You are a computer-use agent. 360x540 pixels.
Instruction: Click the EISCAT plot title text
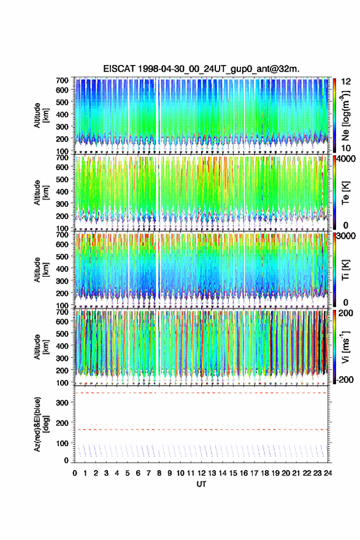coord(201,69)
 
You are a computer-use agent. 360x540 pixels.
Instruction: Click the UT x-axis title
coord(201,484)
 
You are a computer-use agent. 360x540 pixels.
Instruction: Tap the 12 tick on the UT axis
coord(201,473)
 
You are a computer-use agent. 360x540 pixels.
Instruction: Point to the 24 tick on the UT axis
coord(327,473)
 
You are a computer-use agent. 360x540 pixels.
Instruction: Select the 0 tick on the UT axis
coord(75,473)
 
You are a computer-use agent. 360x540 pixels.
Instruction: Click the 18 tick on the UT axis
coord(265,473)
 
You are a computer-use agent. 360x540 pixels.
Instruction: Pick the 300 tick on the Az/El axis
coord(63,403)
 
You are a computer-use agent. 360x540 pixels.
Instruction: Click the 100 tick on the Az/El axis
coord(63,443)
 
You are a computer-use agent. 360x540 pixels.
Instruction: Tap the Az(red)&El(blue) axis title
coord(41,424)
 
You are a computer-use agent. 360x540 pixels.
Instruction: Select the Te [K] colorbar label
coord(345,193)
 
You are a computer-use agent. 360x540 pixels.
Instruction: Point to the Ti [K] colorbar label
coord(345,270)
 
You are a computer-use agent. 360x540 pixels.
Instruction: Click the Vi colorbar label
coord(345,347)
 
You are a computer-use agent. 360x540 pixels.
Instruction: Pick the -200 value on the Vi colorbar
coord(345,380)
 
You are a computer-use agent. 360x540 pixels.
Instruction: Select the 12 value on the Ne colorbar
coord(347,82)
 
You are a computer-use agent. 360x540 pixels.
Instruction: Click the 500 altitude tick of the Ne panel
coord(63,102)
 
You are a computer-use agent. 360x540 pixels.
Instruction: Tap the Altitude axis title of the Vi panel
coord(41,347)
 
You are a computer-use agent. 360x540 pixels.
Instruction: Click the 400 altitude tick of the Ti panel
coord(63,269)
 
